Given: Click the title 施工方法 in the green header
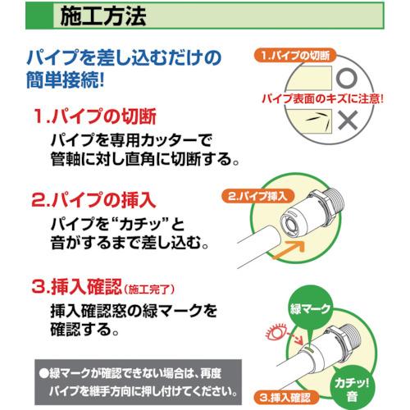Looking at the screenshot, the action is coord(103,16).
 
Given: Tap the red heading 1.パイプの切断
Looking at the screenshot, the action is coord(94,116).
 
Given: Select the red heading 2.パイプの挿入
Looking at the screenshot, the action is coord(93,200).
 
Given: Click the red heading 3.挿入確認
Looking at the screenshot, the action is coord(76,286).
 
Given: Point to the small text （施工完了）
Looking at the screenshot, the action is coord(149,289).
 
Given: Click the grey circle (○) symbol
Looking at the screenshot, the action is coord(346,78).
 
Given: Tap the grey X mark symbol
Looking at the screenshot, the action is coord(348,121).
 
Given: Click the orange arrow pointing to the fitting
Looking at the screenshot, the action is coord(289,250).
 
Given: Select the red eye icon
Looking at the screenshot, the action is coord(276,333).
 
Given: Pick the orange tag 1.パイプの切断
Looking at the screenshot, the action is coord(295,56).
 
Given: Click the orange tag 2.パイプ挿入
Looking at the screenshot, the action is coord(258,196).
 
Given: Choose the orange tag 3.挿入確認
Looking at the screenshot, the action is coord(285,397).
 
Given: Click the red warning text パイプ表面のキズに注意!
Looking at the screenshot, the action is coord(323,98).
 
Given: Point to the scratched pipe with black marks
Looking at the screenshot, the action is coord(309,121).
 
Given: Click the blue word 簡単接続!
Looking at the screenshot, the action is coord(65,80).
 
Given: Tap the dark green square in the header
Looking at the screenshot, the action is coord(39,16).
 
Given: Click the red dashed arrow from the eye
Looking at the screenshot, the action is coord(295,339).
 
